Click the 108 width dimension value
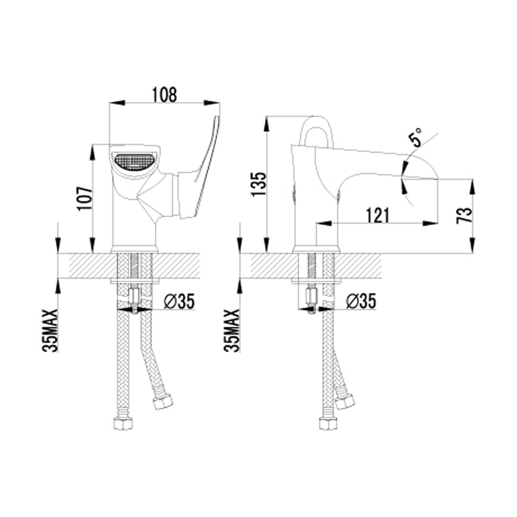(164, 95)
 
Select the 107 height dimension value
(85, 199)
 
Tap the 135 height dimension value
(258, 184)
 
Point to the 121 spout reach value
(377, 215)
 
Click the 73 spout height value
(465, 215)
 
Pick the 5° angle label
(417, 137)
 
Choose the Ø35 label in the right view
(361, 301)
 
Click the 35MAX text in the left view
(50, 330)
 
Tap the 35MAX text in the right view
(233, 330)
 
